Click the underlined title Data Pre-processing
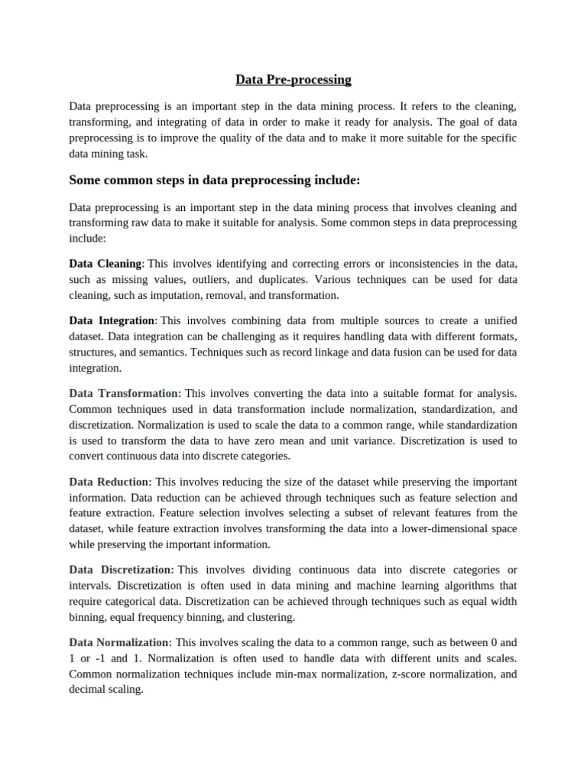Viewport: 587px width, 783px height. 293,80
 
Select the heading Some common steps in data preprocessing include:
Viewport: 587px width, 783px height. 214,180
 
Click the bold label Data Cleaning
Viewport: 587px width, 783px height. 105,263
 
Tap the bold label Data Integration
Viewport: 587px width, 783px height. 112,320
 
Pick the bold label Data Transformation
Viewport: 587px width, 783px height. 125,393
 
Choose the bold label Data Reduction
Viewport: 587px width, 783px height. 110,482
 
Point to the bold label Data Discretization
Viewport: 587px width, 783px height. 121,570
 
